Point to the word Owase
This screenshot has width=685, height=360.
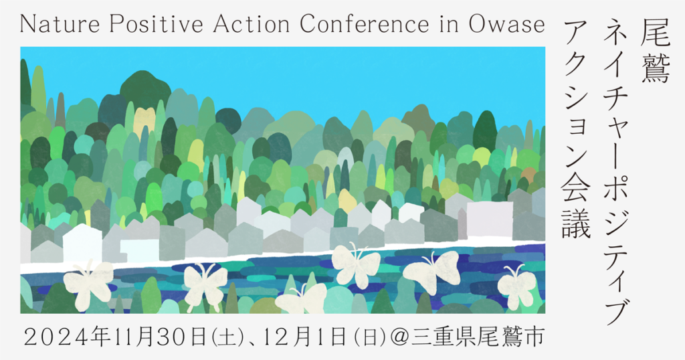507,24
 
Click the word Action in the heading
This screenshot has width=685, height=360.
252,24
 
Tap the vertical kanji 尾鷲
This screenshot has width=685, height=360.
656,51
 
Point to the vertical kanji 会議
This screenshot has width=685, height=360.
576,208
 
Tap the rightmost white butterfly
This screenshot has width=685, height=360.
517,286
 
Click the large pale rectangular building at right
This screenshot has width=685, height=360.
490,218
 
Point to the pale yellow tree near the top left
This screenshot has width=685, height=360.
144,118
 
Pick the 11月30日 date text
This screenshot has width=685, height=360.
154,338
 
